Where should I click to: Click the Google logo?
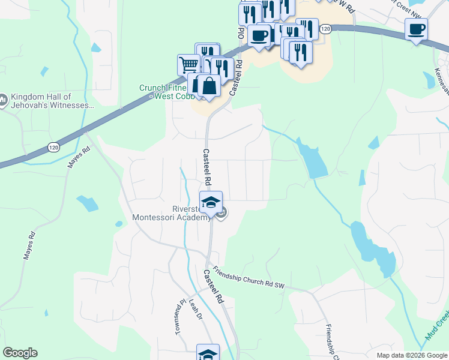[x=20, y=353]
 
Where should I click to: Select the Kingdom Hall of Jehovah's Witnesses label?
[x=51, y=101]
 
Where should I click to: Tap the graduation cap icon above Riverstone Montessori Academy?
[x=211, y=203]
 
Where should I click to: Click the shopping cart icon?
[x=188, y=64]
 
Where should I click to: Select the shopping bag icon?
[x=208, y=86]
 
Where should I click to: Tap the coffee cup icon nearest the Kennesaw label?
[x=416, y=29]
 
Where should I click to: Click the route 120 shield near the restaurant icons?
[x=325, y=29]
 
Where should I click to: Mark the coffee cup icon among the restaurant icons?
[x=259, y=36]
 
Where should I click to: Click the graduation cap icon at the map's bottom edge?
[x=208, y=353]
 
